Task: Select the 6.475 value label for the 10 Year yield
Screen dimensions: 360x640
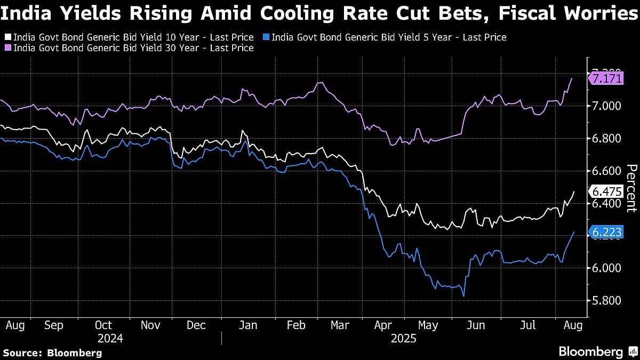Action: tap(605, 191)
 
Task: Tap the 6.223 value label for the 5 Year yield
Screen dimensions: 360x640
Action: tap(605, 232)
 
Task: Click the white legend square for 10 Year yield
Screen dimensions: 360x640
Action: tap(7, 37)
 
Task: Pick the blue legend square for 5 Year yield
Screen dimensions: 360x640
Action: tap(266, 37)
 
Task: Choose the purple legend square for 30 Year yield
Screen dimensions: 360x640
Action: tap(7, 48)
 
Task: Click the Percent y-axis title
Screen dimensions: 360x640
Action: tap(631, 189)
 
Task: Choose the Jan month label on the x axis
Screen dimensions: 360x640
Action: tap(248, 325)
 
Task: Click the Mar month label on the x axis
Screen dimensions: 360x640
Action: tap(340, 325)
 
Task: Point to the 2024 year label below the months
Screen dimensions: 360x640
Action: tap(110, 338)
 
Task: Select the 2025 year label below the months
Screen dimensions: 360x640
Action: tap(403, 338)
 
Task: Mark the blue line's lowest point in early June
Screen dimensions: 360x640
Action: tap(463, 296)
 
